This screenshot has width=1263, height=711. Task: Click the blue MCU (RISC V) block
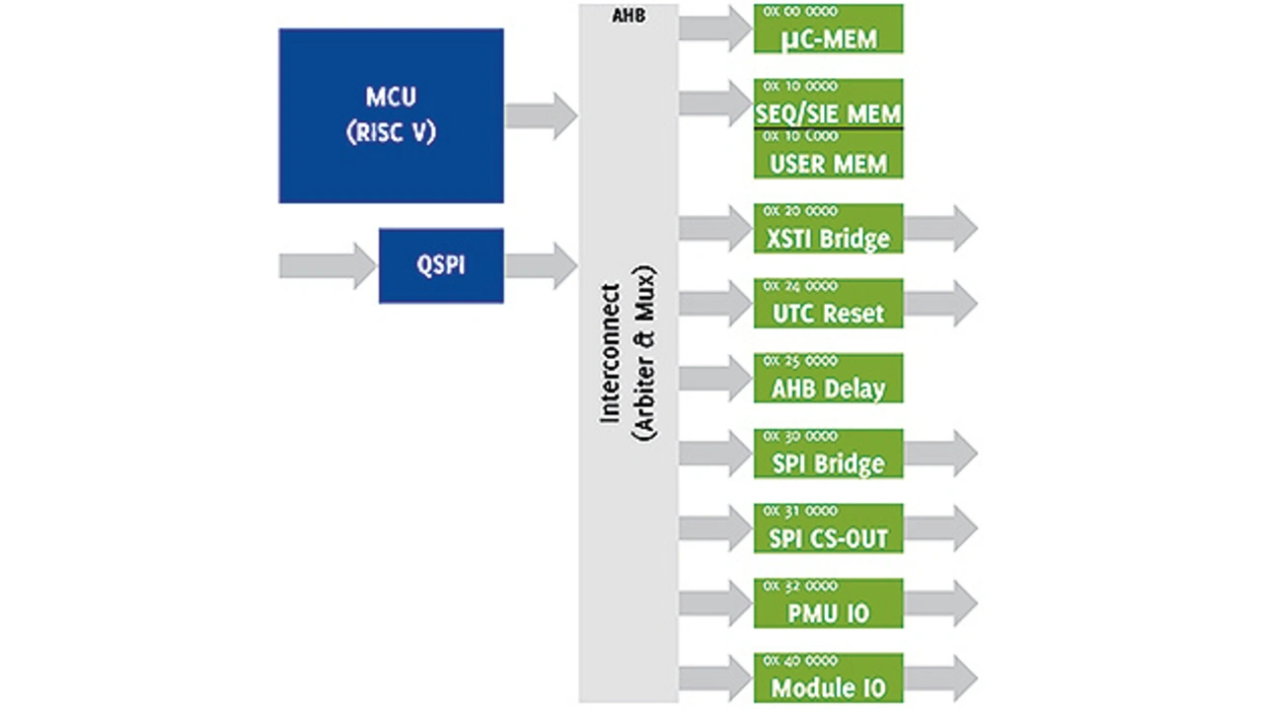[391, 115]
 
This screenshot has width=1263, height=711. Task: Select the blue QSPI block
[441, 265]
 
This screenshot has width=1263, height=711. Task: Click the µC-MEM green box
[828, 29]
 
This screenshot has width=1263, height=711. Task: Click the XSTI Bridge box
[828, 229]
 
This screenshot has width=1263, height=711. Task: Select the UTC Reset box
[828, 304]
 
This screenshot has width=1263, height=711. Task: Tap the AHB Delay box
[828, 379]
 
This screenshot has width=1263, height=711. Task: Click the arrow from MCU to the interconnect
[541, 115]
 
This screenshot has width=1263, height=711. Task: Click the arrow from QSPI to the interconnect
[541, 265]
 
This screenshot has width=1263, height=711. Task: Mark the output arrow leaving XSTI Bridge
[940, 229]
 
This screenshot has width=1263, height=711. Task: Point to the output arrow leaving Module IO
[940, 678]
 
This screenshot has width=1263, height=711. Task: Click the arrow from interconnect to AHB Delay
[715, 379]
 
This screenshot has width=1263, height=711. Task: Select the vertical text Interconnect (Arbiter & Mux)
[628, 355]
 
